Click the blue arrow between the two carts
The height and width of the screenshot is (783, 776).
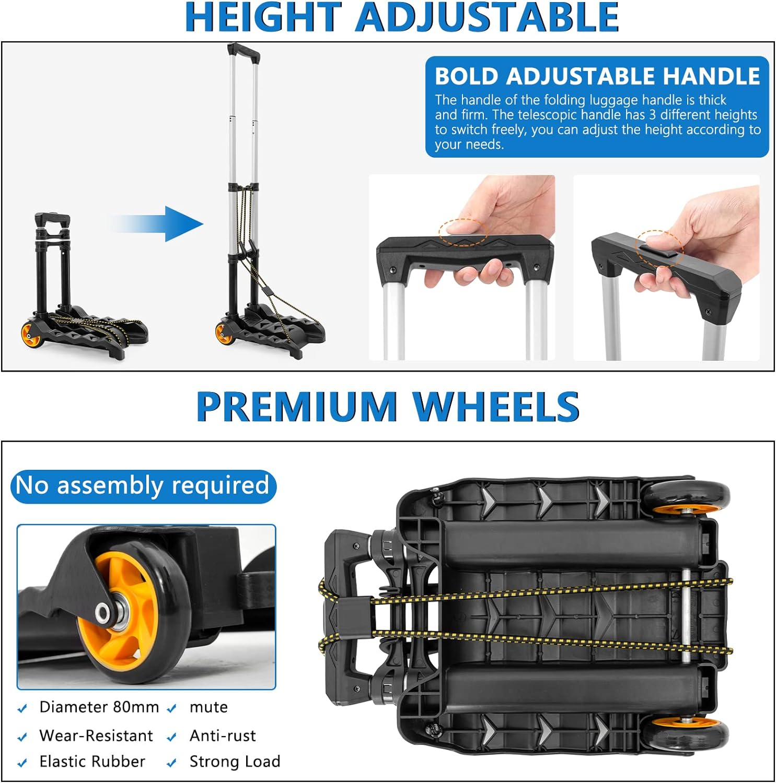click(x=157, y=224)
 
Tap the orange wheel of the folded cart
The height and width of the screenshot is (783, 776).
click(x=31, y=334)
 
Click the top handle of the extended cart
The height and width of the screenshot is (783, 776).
click(x=244, y=52)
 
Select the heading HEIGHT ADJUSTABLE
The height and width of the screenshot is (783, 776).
click(x=402, y=18)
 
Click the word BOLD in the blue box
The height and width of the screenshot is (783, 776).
click(x=467, y=76)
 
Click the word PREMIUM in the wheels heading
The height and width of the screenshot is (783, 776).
click(x=297, y=407)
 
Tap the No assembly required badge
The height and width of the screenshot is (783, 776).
click(x=143, y=486)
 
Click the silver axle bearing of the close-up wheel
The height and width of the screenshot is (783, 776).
click(x=107, y=612)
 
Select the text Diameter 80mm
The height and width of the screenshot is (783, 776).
click(x=99, y=707)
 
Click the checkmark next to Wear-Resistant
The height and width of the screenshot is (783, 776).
click(x=22, y=737)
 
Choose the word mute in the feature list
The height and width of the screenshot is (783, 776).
click(x=209, y=707)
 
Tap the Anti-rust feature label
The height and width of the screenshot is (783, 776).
click(x=223, y=735)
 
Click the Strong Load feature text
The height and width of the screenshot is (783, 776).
click(x=235, y=762)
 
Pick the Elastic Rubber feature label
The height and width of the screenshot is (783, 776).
click(x=92, y=762)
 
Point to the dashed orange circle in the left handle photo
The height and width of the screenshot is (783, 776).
click(x=463, y=231)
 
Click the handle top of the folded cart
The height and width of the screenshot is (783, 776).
click(x=52, y=220)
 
